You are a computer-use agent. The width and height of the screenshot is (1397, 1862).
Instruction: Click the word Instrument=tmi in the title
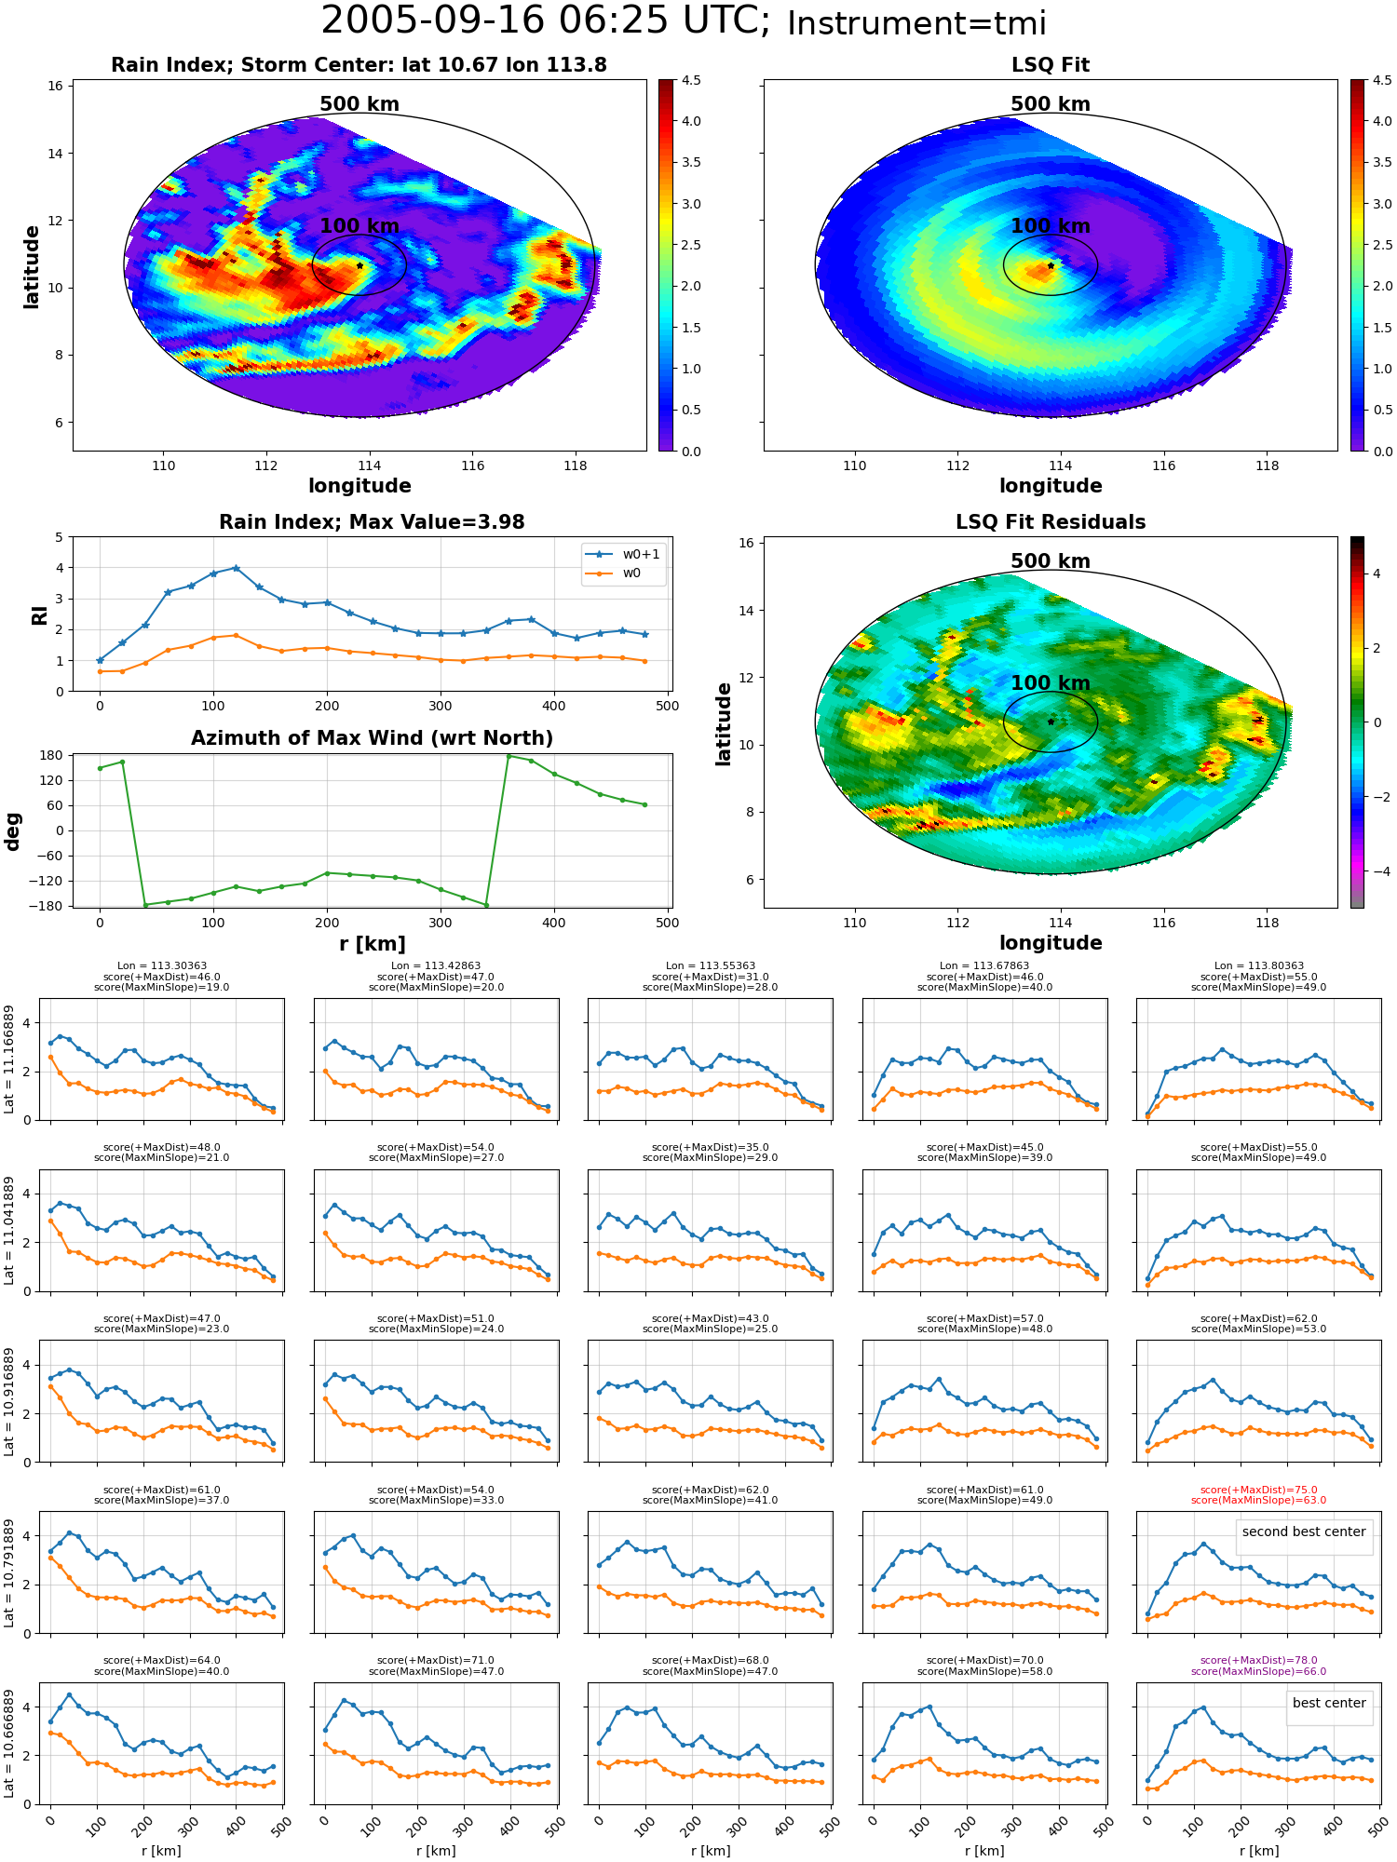(916, 23)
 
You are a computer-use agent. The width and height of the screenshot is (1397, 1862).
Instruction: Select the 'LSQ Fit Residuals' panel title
(1051, 522)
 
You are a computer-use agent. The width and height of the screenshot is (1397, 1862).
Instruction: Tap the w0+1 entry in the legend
(623, 554)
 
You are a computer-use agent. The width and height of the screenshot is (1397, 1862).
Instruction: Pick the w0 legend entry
(614, 573)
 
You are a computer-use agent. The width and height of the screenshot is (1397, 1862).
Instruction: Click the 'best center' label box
(1329, 1703)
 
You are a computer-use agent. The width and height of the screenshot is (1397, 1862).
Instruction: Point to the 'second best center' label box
(1304, 1531)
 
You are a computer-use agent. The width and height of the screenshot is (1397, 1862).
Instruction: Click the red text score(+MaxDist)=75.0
(1258, 1490)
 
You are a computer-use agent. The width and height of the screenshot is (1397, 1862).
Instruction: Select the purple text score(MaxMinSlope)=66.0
(1258, 1671)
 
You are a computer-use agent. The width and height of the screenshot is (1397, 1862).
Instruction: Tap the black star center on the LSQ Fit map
(1051, 265)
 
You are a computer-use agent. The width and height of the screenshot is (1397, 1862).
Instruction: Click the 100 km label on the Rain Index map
(359, 226)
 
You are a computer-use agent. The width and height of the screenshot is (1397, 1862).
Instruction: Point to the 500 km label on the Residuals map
(1051, 561)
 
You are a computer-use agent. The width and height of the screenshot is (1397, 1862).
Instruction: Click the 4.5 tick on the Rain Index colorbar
(691, 80)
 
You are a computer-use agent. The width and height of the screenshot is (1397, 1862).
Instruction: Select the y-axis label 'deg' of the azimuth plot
(13, 830)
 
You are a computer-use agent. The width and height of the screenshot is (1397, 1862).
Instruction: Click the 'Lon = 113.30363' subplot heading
(162, 966)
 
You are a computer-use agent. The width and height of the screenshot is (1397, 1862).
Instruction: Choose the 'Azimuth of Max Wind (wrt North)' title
(372, 738)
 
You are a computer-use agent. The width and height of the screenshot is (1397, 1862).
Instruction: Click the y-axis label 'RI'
(39, 614)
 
